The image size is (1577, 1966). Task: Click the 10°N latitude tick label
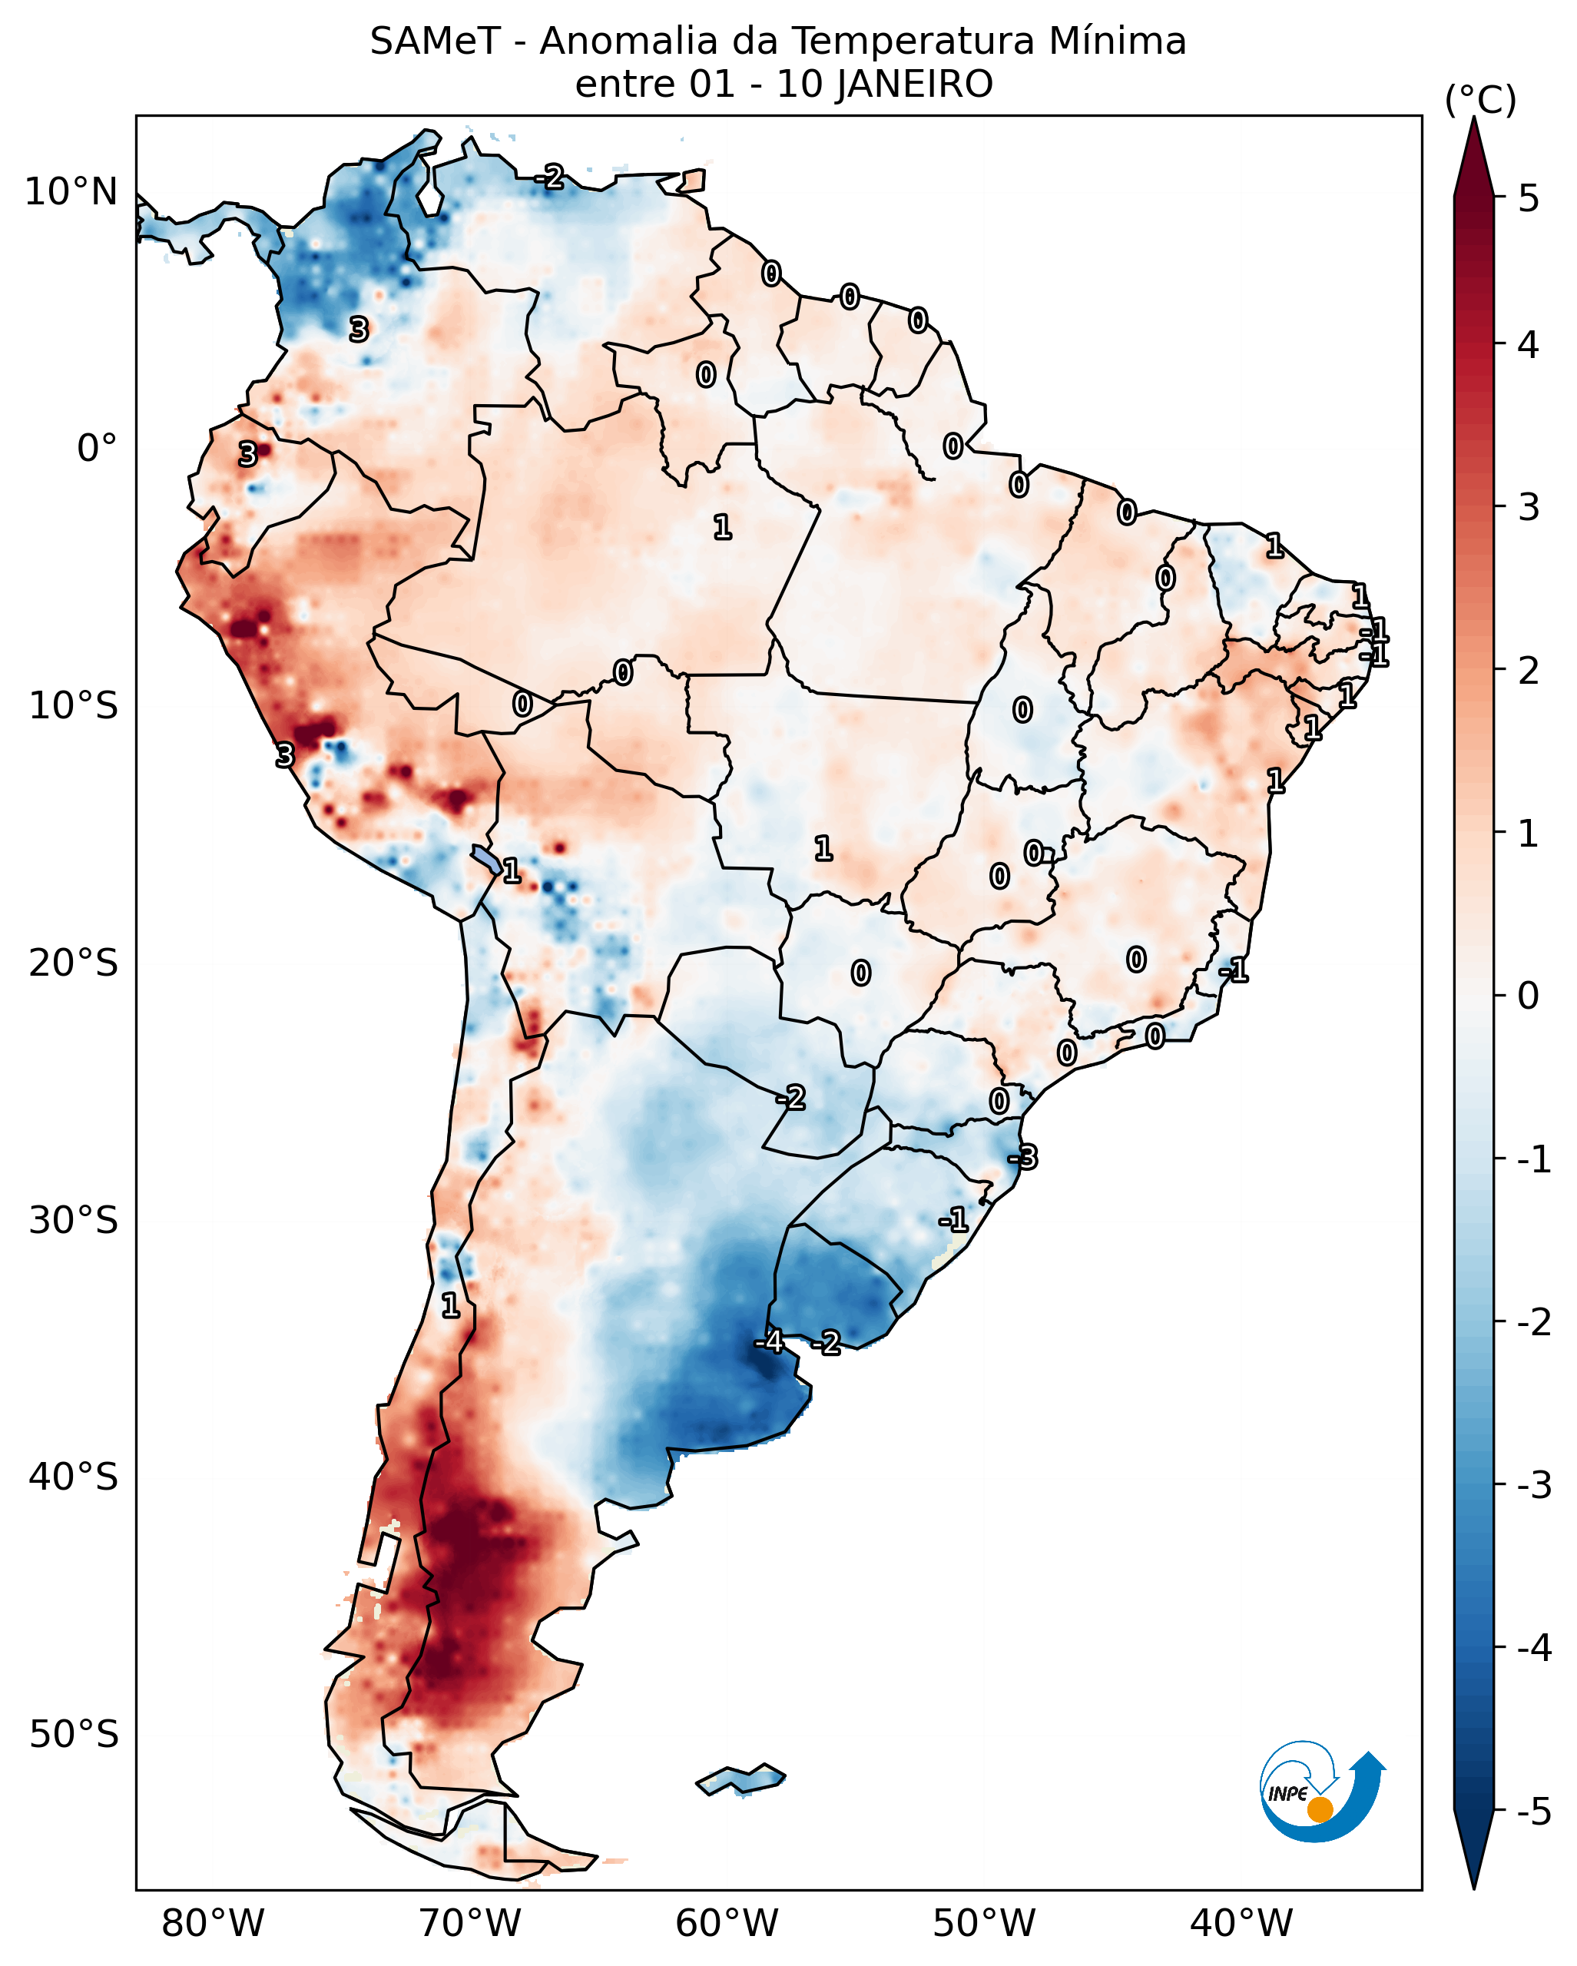tap(71, 192)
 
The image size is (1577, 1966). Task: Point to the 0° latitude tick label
tap(97, 449)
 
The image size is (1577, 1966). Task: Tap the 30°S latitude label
tap(73, 1220)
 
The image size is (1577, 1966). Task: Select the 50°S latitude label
tap(73, 1735)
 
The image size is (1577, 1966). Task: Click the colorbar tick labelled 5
tap(1529, 198)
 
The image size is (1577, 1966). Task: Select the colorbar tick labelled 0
tap(1528, 996)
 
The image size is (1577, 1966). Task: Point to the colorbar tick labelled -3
tap(1533, 1485)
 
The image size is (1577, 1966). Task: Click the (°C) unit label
tap(1480, 101)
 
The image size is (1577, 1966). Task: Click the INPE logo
tap(1321, 1792)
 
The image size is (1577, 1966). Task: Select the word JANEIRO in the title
tap(914, 85)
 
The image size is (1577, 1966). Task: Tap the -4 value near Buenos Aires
tap(768, 1341)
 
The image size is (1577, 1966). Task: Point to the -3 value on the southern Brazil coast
tap(1022, 1158)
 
